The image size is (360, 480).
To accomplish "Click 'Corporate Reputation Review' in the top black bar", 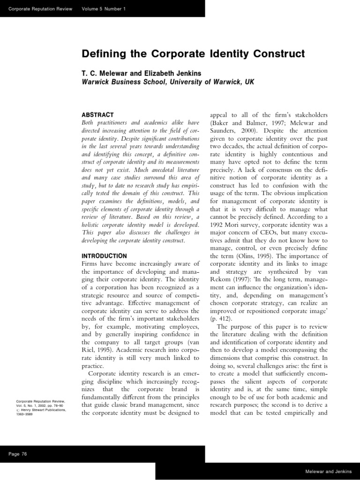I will (37, 9).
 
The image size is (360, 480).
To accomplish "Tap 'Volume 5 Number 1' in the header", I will (104, 9).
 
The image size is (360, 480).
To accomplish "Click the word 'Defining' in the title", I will (102, 54).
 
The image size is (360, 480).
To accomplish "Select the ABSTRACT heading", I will (97, 114).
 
